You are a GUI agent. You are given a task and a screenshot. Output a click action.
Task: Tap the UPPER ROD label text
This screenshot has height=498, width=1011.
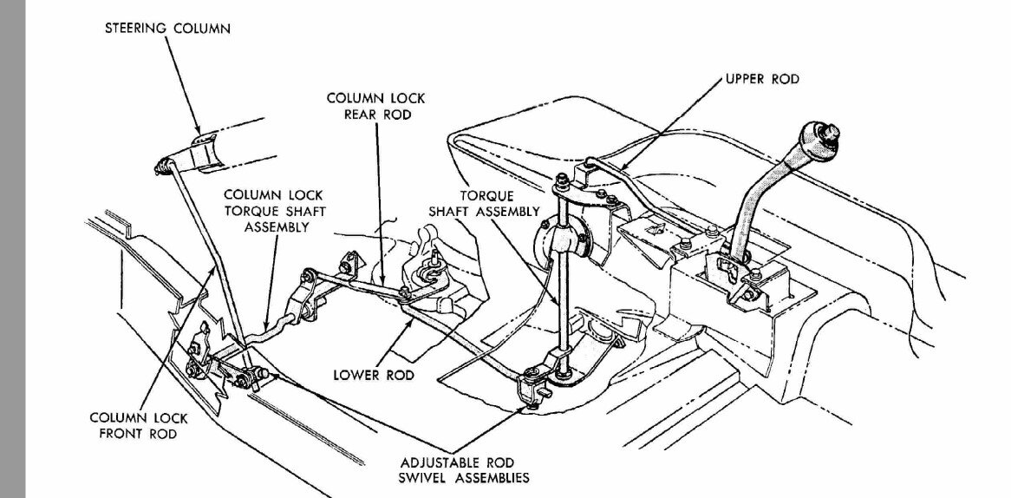[761, 79]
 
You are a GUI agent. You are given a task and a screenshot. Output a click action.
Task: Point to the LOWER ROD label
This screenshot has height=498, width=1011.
[374, 375]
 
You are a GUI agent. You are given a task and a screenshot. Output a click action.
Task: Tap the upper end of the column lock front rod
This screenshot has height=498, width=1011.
[163, 165]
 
